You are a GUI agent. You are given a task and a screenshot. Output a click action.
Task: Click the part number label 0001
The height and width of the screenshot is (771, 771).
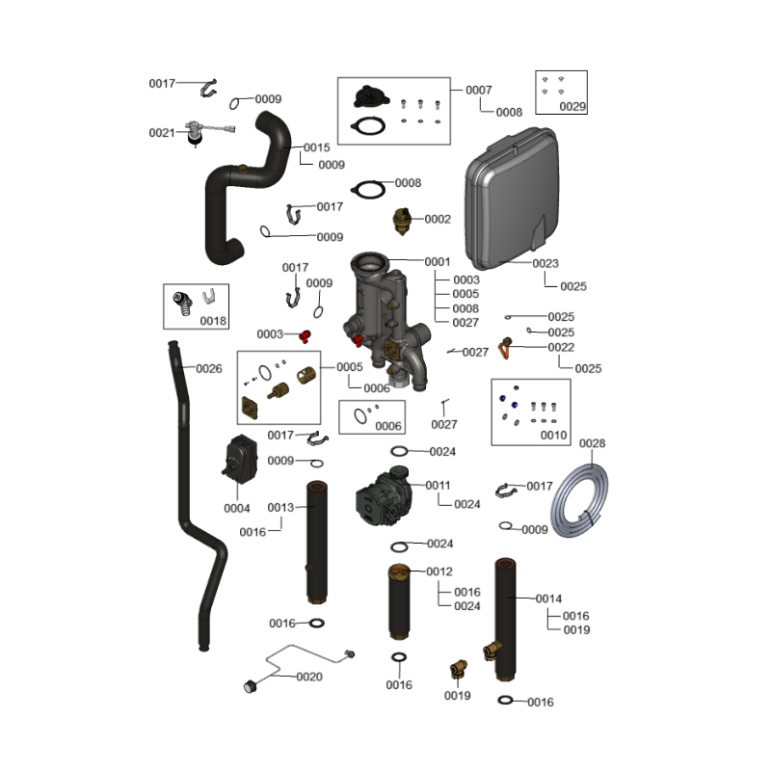pyautogui.click(x=438, y=262)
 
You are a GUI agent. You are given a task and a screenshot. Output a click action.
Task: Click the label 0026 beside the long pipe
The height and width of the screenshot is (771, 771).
pyautogui.click(x=209, y=368)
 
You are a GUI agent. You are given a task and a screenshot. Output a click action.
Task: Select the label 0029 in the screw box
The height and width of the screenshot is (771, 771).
pyautogui.click(x=572, y=106)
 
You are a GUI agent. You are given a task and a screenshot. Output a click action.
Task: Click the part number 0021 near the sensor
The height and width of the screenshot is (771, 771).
pyautogui.click(x=162, y=133)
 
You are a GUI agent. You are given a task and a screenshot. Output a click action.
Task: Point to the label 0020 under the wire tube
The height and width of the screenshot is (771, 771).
pyautogui.click(x=309, y=677)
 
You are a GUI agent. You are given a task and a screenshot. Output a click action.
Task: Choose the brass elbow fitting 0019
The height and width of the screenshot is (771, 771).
pyautogui.click(x=459, y=668)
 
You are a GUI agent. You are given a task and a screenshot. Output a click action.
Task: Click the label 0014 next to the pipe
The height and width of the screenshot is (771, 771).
pyautogui.click(x=548, y=598)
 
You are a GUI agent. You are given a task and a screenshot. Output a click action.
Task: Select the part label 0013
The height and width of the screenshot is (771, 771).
pyautogui.click(x=280, y=508)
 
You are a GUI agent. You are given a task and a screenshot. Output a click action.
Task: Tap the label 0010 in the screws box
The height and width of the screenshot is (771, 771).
pyautogui.click(x=553, y=436)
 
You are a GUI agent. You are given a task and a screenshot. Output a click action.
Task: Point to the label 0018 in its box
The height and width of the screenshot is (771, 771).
pyautogui.click(x=213, y=320)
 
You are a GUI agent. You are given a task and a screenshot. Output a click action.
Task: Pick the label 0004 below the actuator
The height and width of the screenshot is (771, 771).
pyautogui.click(x=237, y=508)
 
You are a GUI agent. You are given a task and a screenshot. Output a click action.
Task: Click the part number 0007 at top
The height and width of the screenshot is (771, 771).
pyautogui.click(x=479, y=90)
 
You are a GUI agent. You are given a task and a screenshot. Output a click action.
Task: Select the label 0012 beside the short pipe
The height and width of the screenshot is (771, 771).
pyautogui.click(x=439, y=572)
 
